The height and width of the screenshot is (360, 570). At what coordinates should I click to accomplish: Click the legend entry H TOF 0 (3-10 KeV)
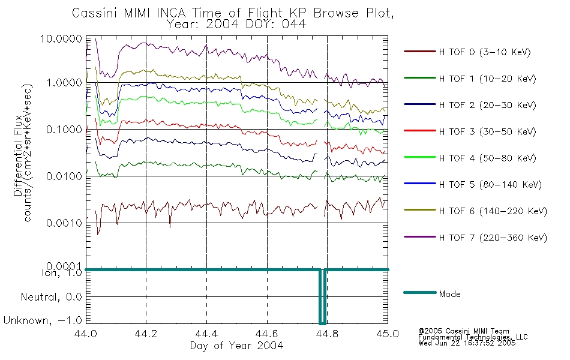[485, 52]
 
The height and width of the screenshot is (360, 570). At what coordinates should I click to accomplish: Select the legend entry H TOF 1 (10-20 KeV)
[487, 79]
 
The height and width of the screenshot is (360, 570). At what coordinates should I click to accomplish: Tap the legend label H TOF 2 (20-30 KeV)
[487, 105]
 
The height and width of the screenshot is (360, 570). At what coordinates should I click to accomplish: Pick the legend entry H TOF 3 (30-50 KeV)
[487, 131]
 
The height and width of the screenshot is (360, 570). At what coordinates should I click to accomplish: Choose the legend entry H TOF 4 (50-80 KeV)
[487, 158]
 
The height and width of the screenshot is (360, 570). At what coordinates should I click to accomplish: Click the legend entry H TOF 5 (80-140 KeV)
[490, 185]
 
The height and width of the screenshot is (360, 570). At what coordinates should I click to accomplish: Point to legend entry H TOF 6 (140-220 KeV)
[493, 211]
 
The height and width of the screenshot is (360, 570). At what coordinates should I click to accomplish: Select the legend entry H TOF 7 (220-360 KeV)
[493, 238]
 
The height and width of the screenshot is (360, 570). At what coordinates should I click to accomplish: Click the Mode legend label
[449, 294]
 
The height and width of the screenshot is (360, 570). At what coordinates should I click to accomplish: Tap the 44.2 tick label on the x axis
[146, 334]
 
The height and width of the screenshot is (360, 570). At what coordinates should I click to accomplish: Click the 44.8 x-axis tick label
[326, 334]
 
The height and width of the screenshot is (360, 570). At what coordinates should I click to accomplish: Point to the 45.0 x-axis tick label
[388, 334]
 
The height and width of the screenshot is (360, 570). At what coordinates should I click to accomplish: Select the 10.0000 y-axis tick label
[61, 39]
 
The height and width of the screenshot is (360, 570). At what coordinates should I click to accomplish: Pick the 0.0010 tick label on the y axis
[64, 223]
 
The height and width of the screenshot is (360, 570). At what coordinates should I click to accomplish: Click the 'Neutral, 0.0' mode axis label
[51, 298]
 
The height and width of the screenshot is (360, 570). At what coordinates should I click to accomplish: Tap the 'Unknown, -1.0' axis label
[43, 321]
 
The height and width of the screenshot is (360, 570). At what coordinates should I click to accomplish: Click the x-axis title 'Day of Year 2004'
[236, 346]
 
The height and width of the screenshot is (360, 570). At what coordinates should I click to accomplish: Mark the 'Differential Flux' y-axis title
[18, 156]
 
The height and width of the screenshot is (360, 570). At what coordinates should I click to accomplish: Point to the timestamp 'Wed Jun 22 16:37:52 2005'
[467, 343]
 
